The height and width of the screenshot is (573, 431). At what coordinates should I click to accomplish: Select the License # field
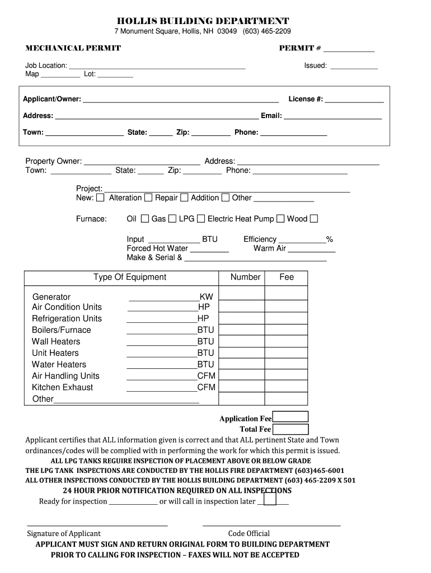click(354, 100)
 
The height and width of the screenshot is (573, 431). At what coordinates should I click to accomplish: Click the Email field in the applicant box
click(333, 116)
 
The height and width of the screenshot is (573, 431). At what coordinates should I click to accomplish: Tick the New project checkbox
click(100, 198)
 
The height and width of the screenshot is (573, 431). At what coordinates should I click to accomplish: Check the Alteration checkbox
click(148, 198)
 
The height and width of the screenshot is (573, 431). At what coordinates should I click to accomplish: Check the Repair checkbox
click(184, 198)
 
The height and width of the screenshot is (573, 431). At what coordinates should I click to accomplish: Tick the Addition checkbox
click(225, 198)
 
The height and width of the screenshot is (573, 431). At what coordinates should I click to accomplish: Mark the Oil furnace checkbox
click(145, 219)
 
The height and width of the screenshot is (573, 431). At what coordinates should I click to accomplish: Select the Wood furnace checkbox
click(314, 219)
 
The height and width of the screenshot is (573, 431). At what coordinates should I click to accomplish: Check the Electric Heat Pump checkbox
click(280, 219)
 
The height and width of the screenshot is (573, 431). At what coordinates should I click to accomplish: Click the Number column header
click(245, 277)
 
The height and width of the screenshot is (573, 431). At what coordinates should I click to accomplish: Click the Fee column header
click(287, 277)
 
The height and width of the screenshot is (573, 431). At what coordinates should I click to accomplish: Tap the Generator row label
click(51, 297)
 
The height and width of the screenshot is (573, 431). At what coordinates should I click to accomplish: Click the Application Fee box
click(290, 417)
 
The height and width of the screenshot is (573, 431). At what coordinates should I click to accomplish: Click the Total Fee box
click(290, 429)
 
